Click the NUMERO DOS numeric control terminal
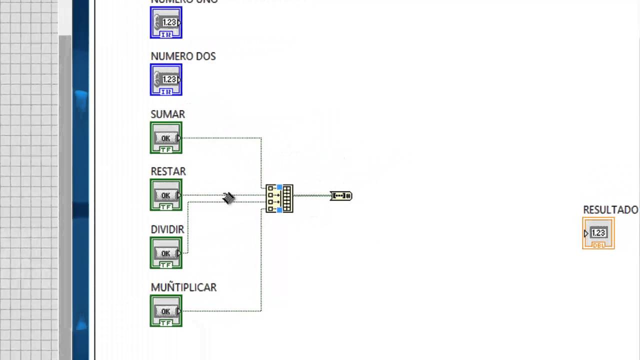tap(166, 80)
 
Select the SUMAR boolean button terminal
tap(166, 138)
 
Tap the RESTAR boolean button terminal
tap(166, 195)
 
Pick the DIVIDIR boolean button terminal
tap(166, 253)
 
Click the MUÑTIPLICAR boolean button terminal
tap(166, 311)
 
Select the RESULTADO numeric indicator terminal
tap(598, 233)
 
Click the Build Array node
tap(279, 198)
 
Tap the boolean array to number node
tap(341, 195)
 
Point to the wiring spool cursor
tap(228, 198)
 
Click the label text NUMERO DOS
tap(183, 56)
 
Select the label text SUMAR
tap(167, 114)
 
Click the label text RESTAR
tap(168, 171)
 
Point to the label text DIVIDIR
tap(167, 229)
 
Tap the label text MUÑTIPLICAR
tap(183, 287)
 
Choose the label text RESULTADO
tap(610, 210)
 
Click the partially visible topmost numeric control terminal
tap(166, 22)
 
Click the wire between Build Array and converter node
tap(311, 195)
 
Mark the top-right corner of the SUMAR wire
tap(261, 138)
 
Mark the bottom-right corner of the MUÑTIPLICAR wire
tap(261, 311)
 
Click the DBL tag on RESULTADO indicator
tap(598, 245)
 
